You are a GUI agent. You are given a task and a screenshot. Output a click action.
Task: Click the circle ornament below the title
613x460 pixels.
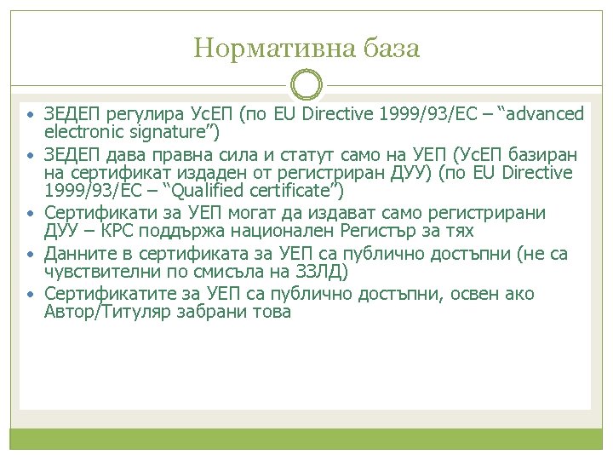tap(306, 86)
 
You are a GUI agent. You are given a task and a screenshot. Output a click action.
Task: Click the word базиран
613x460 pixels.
tap(547, 155)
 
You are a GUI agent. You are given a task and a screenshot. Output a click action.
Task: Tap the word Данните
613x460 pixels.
tap(78, 253)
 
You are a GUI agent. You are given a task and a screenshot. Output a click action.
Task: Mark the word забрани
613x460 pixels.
tap(217, 312)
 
